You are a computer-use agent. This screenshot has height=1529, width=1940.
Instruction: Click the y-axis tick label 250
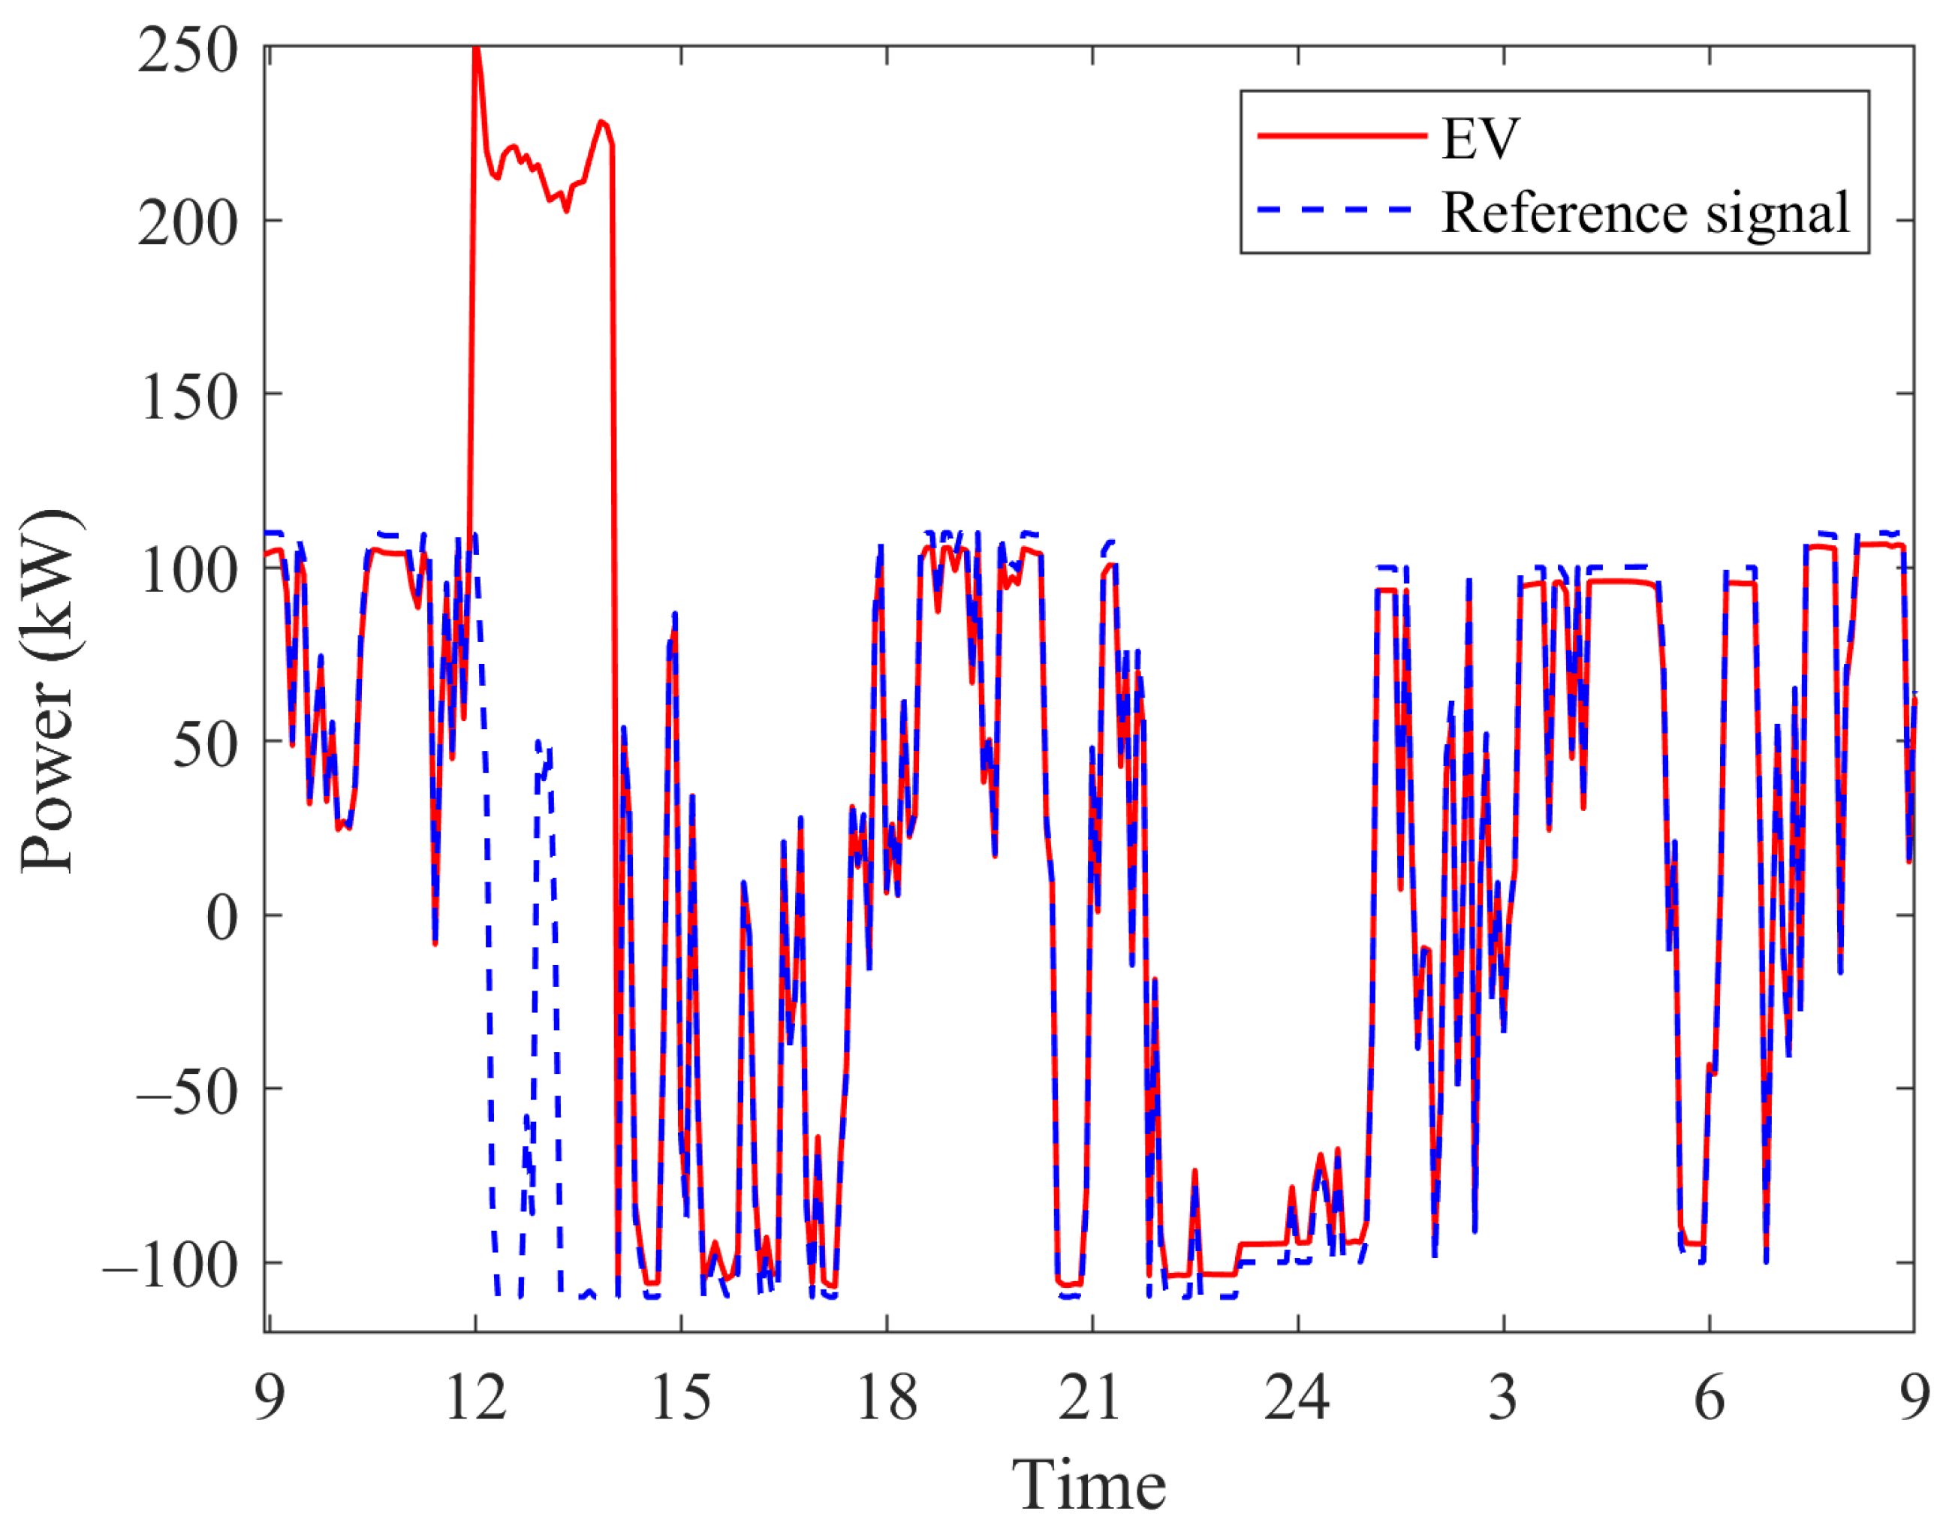(187, 52)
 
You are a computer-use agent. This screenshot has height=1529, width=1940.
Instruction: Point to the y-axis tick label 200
(187, 224)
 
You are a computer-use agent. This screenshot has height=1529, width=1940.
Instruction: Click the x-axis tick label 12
(475, 1398)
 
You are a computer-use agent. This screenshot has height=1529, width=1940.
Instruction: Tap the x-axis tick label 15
(681, 1398)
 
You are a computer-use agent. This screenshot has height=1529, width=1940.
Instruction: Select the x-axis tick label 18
(887, 1398)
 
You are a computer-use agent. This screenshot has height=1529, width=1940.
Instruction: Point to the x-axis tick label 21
(1091, 1398)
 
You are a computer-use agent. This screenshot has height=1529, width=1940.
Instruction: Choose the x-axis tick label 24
(1297, 1398)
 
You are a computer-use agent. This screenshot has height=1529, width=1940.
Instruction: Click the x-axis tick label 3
(1503, 1398)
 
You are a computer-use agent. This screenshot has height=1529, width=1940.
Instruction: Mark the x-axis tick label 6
(1709, 1398)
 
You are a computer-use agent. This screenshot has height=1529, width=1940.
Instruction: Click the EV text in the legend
(1481, 139)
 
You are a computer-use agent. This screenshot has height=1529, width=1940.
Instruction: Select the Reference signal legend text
(1645, 213)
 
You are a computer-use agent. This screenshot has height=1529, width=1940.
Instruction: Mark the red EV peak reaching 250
(476, 50)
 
